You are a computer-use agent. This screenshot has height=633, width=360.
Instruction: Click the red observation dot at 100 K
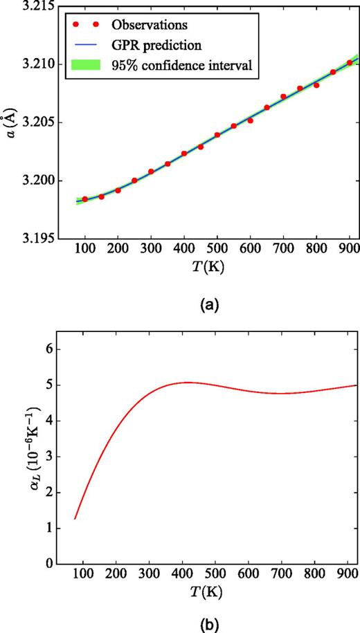(85, 199)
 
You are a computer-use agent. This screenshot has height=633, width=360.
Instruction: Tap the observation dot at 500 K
(217, 135)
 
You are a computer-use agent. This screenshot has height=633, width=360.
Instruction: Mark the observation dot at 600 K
(251, 120)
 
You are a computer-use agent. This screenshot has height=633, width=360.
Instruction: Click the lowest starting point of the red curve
(75, 518)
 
